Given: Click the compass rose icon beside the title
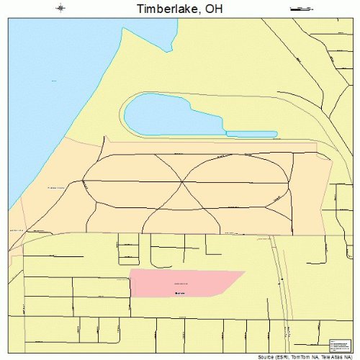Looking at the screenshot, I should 60,9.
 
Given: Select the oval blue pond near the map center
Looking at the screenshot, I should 173,115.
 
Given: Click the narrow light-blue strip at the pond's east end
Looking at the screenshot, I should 251,134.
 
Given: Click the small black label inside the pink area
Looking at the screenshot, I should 180,293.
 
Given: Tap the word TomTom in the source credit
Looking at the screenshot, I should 299,356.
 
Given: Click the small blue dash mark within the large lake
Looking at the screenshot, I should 53,81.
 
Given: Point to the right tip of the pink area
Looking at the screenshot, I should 245,271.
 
